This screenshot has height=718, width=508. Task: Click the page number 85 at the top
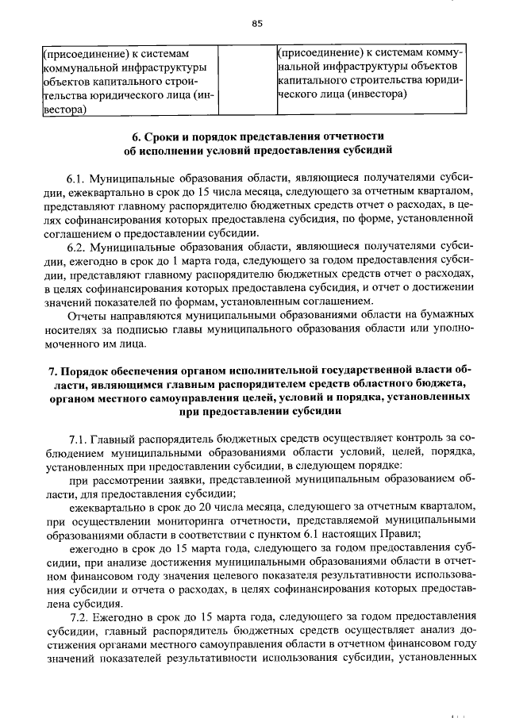[x=256, y=23]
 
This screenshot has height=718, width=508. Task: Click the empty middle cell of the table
[x=243, y=80]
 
